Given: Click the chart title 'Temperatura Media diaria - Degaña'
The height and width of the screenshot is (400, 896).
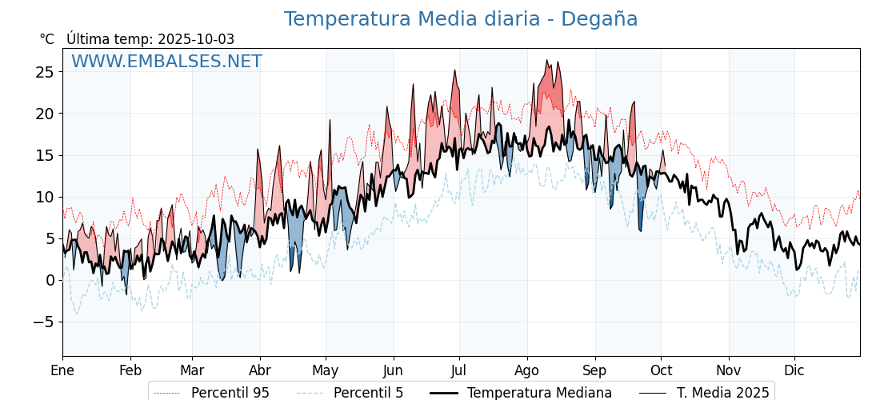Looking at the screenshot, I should point(461,19).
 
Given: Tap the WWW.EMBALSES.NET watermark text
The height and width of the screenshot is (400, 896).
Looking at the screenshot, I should point(166,62).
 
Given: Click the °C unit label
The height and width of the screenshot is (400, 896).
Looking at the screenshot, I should point(46,39).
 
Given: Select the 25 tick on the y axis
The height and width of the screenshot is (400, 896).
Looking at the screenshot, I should point(45,72).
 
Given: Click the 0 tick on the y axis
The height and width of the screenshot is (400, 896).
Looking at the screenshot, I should point(50,280).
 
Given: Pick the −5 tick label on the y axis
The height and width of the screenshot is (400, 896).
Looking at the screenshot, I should point(45,322).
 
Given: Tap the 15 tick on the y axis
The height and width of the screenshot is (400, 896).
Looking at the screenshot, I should point(45,155).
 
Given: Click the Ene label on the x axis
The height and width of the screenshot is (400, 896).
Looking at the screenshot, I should point(62,370).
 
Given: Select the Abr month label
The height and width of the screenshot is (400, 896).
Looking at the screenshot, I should point(260,370).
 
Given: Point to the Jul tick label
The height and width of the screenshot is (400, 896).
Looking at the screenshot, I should point(459,370).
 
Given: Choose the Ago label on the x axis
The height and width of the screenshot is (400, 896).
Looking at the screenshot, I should point(527,370).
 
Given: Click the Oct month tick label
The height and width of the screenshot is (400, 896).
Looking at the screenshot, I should point(661,370).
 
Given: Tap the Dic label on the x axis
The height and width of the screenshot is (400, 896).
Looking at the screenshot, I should point(794,370).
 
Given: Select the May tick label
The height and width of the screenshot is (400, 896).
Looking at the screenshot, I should point(326,370).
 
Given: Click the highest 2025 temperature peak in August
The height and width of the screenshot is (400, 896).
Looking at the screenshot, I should point(547,60).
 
